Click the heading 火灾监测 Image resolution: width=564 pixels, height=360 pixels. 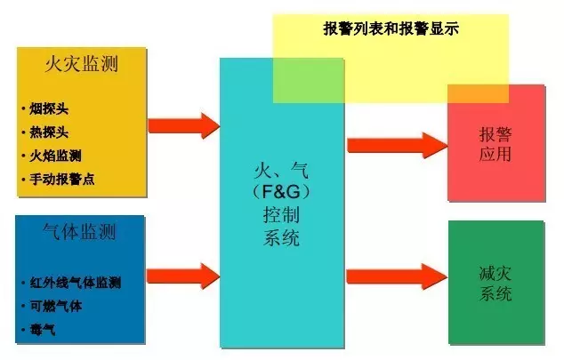[82, 64]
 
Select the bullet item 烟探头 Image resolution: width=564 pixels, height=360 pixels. [49, 108]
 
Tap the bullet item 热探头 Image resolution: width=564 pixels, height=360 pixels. [49, 132]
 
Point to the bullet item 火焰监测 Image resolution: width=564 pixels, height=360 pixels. [55, 156]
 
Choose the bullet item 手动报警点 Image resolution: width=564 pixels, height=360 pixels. [62, 179]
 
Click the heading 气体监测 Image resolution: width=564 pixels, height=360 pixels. [79, 231]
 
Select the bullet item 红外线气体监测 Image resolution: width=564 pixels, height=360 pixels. [76, 283]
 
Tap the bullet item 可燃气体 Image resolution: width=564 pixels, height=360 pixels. [56, 306]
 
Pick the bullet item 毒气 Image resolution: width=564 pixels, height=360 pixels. [43, 330]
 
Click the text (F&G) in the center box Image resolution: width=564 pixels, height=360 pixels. [281, 192]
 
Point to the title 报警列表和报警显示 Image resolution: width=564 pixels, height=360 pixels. [391, 28]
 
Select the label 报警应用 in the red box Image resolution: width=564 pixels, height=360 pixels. [496, 144]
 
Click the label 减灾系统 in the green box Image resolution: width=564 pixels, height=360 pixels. [496, 284]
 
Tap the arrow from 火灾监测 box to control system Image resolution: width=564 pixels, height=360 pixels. [184, 125]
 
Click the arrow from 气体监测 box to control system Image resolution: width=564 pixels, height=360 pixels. [183, 276]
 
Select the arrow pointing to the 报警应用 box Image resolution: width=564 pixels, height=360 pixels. [398, 146]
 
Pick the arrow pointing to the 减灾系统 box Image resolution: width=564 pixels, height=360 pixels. [397, 276]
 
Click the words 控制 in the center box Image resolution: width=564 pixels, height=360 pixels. [281, 215]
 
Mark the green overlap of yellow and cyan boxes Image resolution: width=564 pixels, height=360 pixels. [309, 81]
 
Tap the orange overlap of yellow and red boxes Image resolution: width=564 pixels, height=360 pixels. [478, 94]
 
